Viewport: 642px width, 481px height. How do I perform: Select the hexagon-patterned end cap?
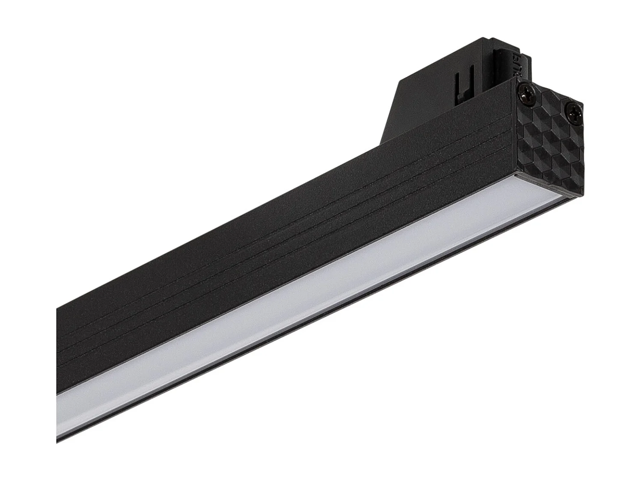tap(548, 141)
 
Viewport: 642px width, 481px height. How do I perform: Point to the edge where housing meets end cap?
tap(516, 128)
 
